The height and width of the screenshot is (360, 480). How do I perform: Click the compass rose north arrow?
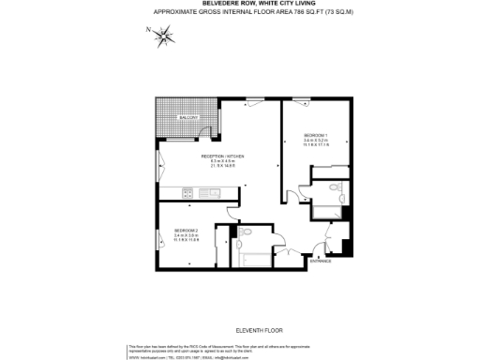pyautogui.click(x=165, y=37)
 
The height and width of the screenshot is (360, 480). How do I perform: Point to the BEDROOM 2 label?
pyautogui.click(x=187, y=230)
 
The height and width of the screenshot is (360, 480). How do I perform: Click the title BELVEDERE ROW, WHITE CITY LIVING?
pyautogui.click(x=239, y=5)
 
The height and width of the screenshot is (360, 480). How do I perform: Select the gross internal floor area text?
pyautogui.click(x=239, y=12)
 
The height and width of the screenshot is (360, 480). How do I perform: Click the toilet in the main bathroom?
pyautogui.click(x=246, y=232)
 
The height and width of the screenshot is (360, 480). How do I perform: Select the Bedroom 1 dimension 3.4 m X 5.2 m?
pyautogui.click(x=316, y=141)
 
